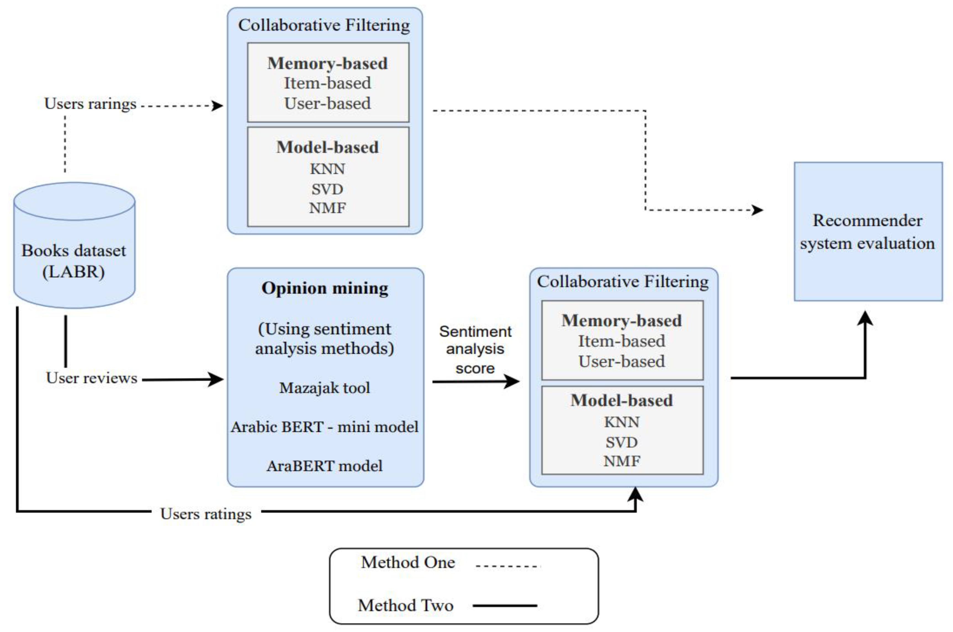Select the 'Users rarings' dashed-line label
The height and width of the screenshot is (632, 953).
click(x=90, y=104)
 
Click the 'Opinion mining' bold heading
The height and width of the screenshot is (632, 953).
click(x=325, y=288)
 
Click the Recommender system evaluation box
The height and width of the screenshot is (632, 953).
click(x=868, y=232)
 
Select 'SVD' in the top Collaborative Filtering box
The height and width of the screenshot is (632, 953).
click(x=327, y=189)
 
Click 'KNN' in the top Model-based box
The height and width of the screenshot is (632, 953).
click(x=327, y=169)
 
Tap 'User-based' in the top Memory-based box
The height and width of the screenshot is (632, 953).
click(x=327, y=104)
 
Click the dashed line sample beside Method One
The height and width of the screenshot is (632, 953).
click(x=507, y=566)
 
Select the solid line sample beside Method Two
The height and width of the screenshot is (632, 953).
click(x=505, y=605)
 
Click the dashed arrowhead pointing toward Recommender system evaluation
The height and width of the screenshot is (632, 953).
click(x=757, y=210)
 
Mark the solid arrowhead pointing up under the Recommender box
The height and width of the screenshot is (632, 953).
click(x=865, y=318)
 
